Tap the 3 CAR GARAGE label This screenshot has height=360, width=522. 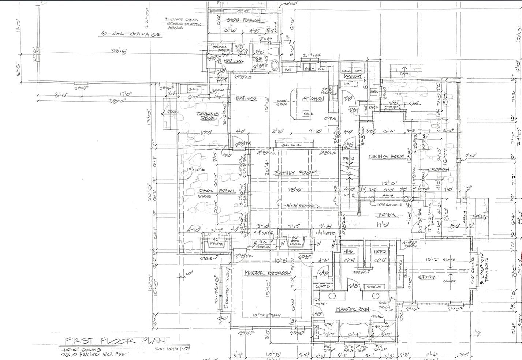click(x=130, y=34)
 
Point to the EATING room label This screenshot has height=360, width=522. click(x=245, y=98)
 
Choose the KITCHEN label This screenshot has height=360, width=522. click(x=313, y=99)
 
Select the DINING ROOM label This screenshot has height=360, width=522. click(x=387, y=157)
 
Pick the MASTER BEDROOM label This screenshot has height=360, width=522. click(x=268, y=273)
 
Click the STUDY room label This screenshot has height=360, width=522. click(x=427, y=277)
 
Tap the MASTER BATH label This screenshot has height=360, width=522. click(x=353, y=310)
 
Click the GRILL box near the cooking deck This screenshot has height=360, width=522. click(x=193, y=89)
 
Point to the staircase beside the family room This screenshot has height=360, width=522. click(x=350, y=172)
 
